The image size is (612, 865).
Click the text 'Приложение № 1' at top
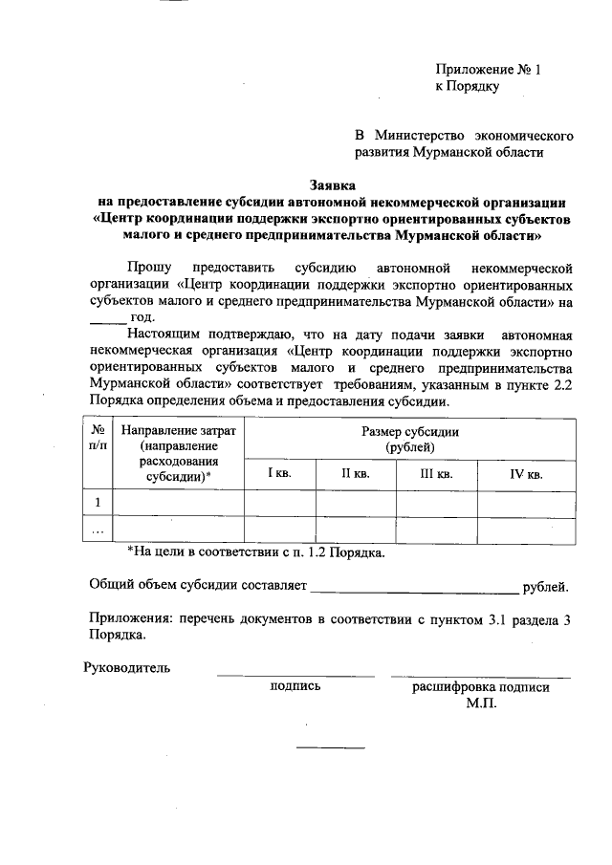tap(488, 70)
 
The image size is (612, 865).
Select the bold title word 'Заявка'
tap(333, 184)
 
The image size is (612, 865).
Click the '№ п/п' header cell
tap(98, 439)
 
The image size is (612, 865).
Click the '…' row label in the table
tap(98, 530)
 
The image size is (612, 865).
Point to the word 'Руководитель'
tap(127, 667)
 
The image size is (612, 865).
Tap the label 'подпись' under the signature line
tap(295, 686)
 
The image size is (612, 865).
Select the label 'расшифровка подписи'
tap(481, 686)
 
